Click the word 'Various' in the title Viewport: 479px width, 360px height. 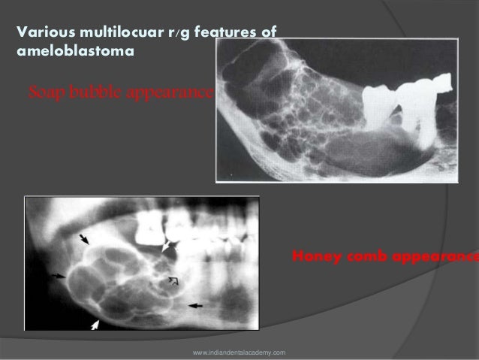(42, 33)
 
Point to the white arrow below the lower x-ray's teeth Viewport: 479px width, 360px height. (167, 245)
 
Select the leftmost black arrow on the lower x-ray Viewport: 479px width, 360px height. (56, 276)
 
